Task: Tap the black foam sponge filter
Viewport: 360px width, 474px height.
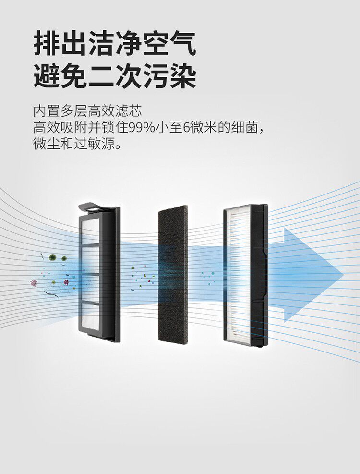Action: point(173,274)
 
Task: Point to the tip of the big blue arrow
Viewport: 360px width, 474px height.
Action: point(342,274)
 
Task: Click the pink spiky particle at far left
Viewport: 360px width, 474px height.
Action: point(34,283)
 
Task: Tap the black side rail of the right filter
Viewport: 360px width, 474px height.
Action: point(260,274)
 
